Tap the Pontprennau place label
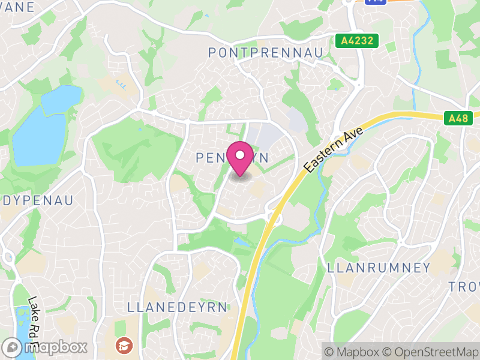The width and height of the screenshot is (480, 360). pyautogui.click(x=265, y=53)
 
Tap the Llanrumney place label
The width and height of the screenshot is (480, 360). pyautogui.click(x=379, y=268)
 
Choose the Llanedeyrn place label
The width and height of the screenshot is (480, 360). pyautogui.click(x=178, y=307)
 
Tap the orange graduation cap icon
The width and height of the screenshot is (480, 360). pyautogui.click(x=124, y=345)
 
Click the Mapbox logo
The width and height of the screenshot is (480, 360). pyautogui.click(x=46, y=347)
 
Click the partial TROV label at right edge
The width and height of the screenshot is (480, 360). pyautogui.click(x=464, y=287)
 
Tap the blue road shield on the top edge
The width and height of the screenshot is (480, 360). pyautogui.click(x=376, y=2)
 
